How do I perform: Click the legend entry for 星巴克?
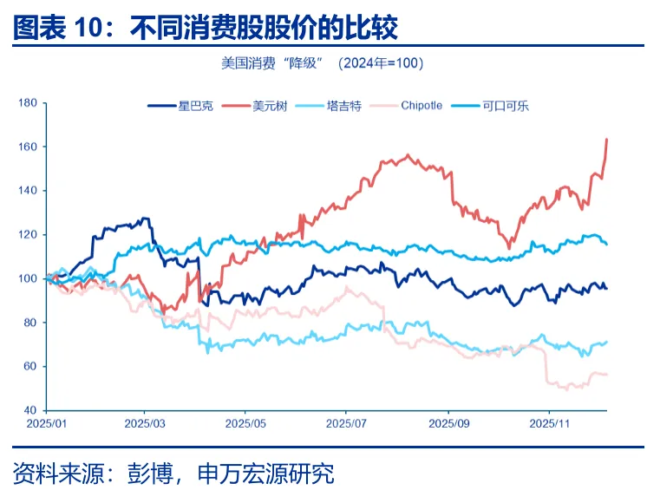(x=174, y=106)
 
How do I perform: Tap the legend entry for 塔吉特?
(x=328, y=106)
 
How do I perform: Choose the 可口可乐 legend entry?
(x=492, y=106)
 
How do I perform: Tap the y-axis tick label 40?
(x=29, y=409)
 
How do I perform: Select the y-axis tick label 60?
(x=29, y=366)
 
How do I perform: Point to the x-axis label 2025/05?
(x=245, y=425)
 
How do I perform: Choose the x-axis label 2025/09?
(x=448, y=425)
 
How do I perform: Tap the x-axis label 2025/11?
(x=549, y=425)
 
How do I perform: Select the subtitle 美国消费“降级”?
(x=271, y=63)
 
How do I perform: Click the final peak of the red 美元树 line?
(x=606, y=139)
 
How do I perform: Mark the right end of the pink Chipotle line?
(x=606, y=374)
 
